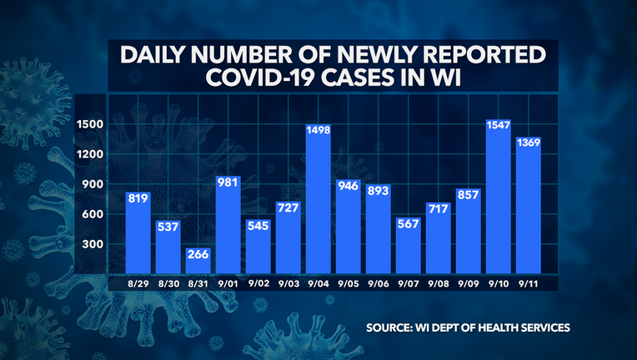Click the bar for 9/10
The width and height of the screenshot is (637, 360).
coord(499,208)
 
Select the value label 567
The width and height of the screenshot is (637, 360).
coord(409,225)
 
